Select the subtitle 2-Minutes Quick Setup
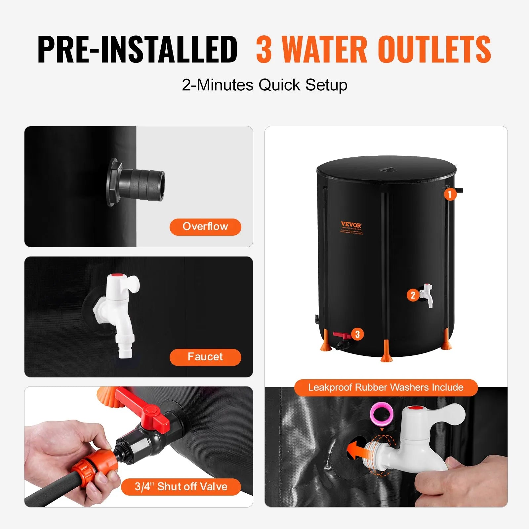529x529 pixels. pos(264,85)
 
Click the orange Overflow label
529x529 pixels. pos(205,227)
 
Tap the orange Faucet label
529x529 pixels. pos(205,357)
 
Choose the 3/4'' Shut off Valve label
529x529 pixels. pos(181,487)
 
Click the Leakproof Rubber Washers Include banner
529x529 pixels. pos(386,387)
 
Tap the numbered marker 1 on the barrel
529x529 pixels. pos(450,194)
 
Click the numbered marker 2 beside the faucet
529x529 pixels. pos(413,295)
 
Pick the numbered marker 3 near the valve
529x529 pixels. pos(357,334)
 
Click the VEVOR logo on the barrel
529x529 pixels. pos(351,225)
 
